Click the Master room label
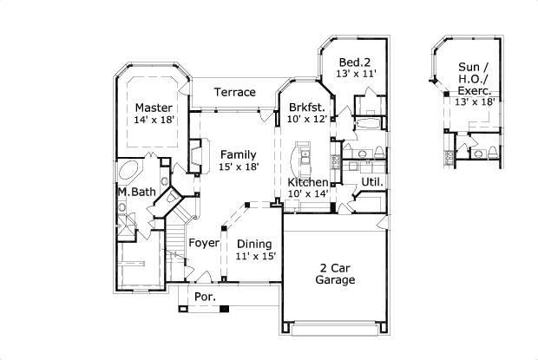153,108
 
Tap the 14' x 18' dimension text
156,120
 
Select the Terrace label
235,92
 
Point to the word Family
238,155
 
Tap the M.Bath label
136,191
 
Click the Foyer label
204,243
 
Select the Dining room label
255,244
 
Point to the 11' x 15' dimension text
256,256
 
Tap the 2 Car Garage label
334,273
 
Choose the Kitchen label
308,182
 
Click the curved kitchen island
304,156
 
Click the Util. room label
372,182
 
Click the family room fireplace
195,156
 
